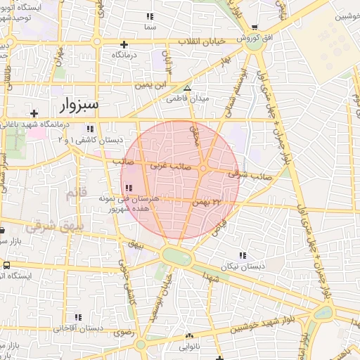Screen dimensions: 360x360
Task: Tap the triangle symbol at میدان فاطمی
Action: point(187,88)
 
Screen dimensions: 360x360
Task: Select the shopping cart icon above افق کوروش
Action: point(255,27)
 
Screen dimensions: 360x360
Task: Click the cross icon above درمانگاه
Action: point(124,44)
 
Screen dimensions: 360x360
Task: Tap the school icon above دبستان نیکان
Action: point(243,255)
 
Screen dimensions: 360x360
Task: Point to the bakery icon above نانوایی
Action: point(188,335)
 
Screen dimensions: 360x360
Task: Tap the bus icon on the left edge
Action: point(6,265)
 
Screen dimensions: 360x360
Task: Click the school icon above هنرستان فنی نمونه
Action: point(129,188)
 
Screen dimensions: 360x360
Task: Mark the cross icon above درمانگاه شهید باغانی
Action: point(33,113)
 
